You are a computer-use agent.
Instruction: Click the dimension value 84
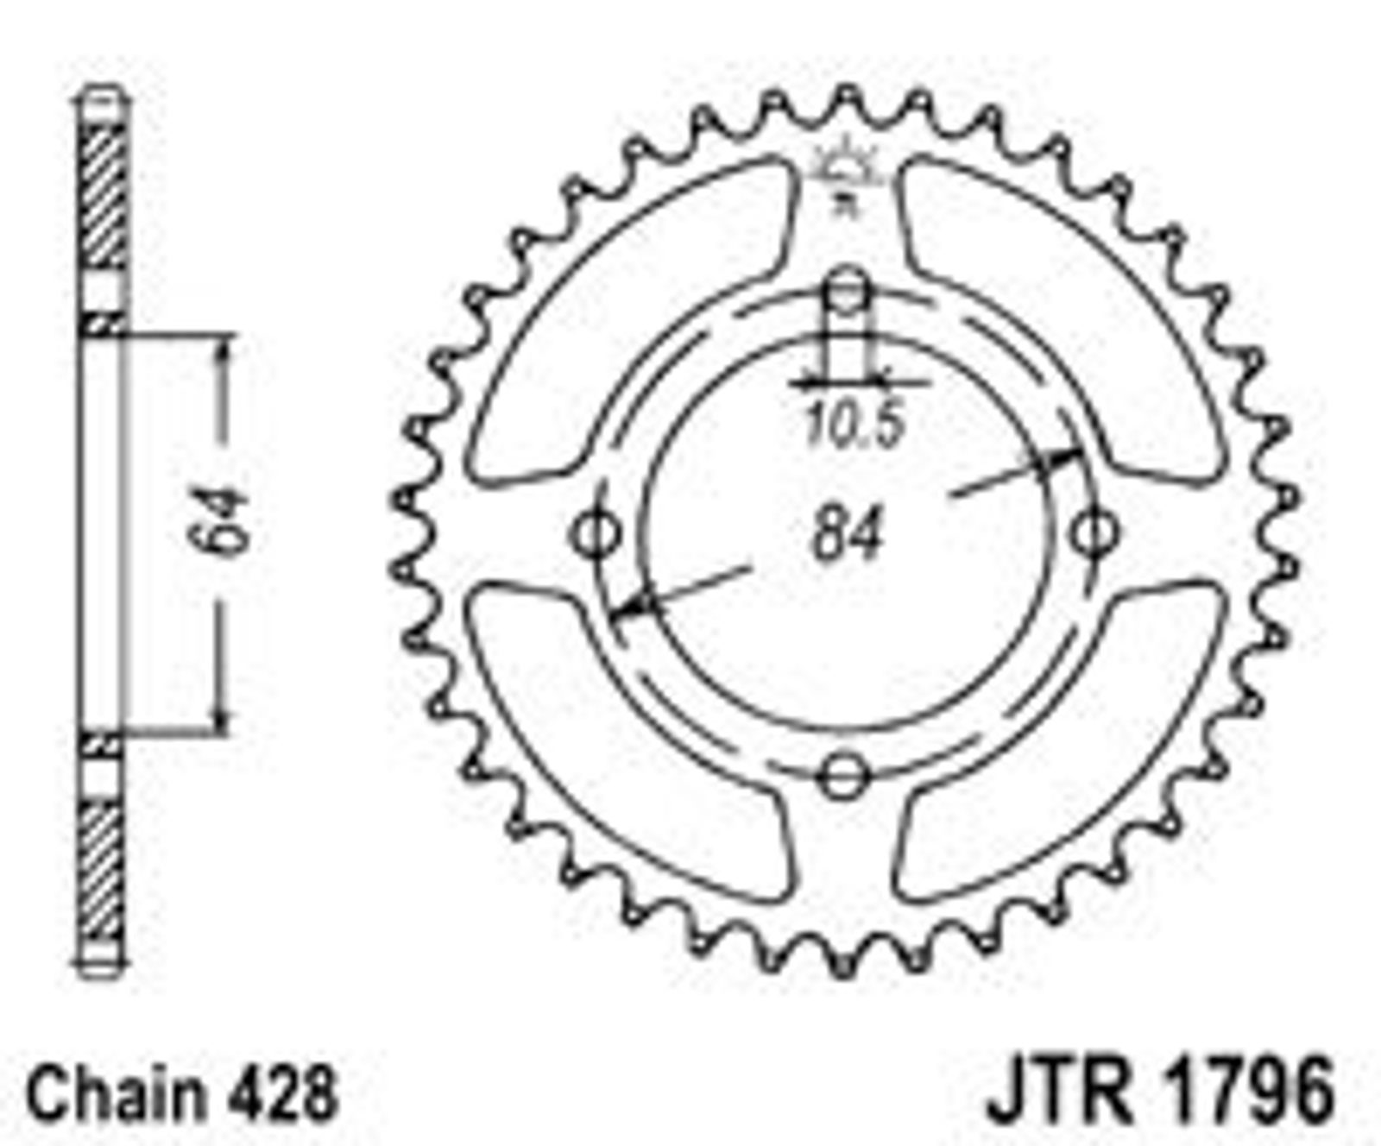pyautogui.click(x=848, y=533)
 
